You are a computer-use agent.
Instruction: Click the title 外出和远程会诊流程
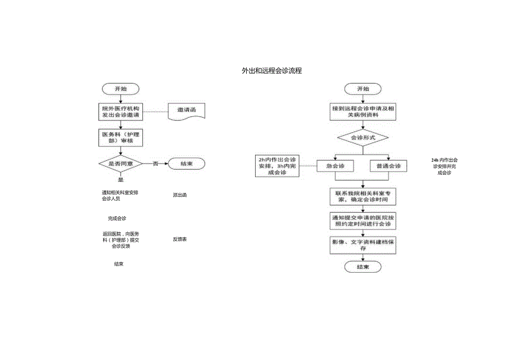272,71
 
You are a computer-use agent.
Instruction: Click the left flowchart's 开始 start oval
120,88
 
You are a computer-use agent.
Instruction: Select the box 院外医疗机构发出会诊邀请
120,112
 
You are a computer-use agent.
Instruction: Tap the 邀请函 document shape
187,111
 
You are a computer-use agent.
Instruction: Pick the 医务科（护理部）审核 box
120,137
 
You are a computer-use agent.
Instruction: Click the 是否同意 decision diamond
120,164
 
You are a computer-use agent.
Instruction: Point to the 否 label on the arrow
155,164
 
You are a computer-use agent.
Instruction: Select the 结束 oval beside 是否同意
187,164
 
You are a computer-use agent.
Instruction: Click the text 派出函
180,195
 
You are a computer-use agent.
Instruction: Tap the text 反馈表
180,239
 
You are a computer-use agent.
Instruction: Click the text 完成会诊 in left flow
117,218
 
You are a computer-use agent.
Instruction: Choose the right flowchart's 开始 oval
363,88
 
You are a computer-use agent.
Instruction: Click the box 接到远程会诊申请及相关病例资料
363,112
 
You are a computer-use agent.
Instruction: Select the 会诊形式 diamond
363,137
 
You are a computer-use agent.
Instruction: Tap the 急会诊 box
335,166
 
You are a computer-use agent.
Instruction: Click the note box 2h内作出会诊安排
277,165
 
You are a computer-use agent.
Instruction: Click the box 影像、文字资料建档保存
363,245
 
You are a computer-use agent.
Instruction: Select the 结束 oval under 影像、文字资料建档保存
363,267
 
